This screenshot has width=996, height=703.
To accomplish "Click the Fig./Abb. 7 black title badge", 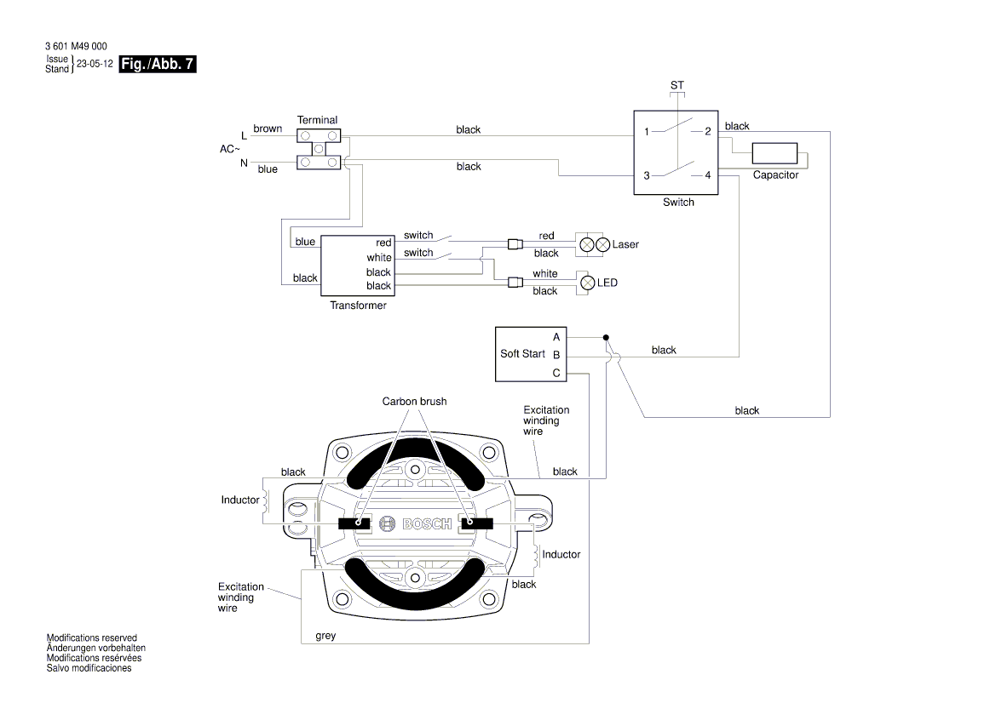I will point(158,64).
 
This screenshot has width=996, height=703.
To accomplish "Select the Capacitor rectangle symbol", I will point(774,154).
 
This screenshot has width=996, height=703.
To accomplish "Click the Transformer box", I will point(358,265).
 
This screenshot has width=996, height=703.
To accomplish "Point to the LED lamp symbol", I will point(586,282).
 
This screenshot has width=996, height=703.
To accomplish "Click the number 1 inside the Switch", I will point(647,132).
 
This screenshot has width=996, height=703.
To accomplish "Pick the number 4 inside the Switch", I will point(708,175).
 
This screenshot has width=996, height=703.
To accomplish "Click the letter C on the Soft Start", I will point(556,373).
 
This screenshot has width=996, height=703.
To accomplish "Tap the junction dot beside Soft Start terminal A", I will point(606,337).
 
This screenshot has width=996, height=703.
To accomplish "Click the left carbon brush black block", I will point(355,523).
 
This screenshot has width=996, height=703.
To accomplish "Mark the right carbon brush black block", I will point(477,523).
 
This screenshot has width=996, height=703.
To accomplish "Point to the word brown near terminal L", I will point(268,129).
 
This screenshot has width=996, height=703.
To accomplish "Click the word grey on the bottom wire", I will point(325,635).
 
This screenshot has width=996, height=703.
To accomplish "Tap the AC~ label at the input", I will point(231,149).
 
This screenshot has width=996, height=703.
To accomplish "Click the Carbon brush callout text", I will point(414,401).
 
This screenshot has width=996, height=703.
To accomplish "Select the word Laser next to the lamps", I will point(625,244).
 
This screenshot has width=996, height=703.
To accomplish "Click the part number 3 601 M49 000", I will point(76,46).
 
